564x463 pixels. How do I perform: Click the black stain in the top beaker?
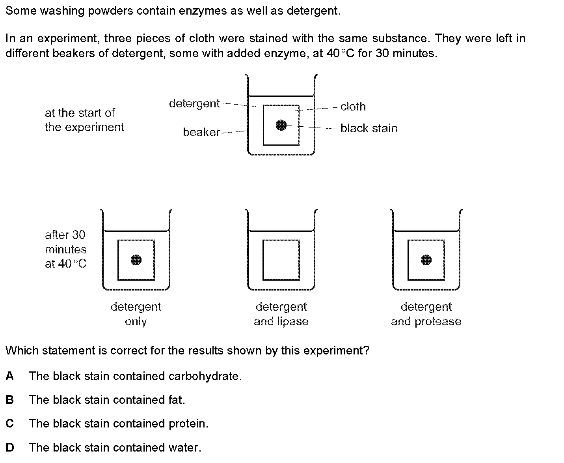pyautogui.click(x=281, y=125)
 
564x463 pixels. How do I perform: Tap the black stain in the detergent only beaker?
pyautogui.click(x=136, y=260)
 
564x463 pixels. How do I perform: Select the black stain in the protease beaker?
pyautogui.click(x=426, y=260)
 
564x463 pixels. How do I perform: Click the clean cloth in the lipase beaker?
pyautogui.click(x=281, y=260)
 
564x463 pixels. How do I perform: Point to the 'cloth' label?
pyautogui.click(x=353, y=107)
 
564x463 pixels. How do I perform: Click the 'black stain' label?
pyautogui.click(x=369, y=128)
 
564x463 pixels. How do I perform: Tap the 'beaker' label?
pyautogui.click(x=201, y=132)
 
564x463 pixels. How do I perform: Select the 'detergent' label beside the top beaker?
pyautogui.click(x=194, y=103)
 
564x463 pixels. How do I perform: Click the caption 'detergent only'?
pyautogui.click(x=136, y=314)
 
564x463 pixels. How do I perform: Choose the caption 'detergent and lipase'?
pyautogui.click(x=281, y=314)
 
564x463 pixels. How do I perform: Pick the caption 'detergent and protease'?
pyautogui.click(x=426, y=314)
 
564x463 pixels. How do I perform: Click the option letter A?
pyautogui.click(x=10, y=376)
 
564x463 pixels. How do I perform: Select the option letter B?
pyautogui.click(x=10, y=400)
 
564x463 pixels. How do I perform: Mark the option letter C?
pyautogui.click(x=10, y=424)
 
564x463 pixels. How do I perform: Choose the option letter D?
pyautogui.click(x=10, y=448)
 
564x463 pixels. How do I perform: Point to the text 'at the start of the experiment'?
pyautogui.click(x=84, y=120)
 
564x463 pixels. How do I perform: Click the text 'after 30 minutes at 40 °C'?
pyautogui.click(x=65, y=249)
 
